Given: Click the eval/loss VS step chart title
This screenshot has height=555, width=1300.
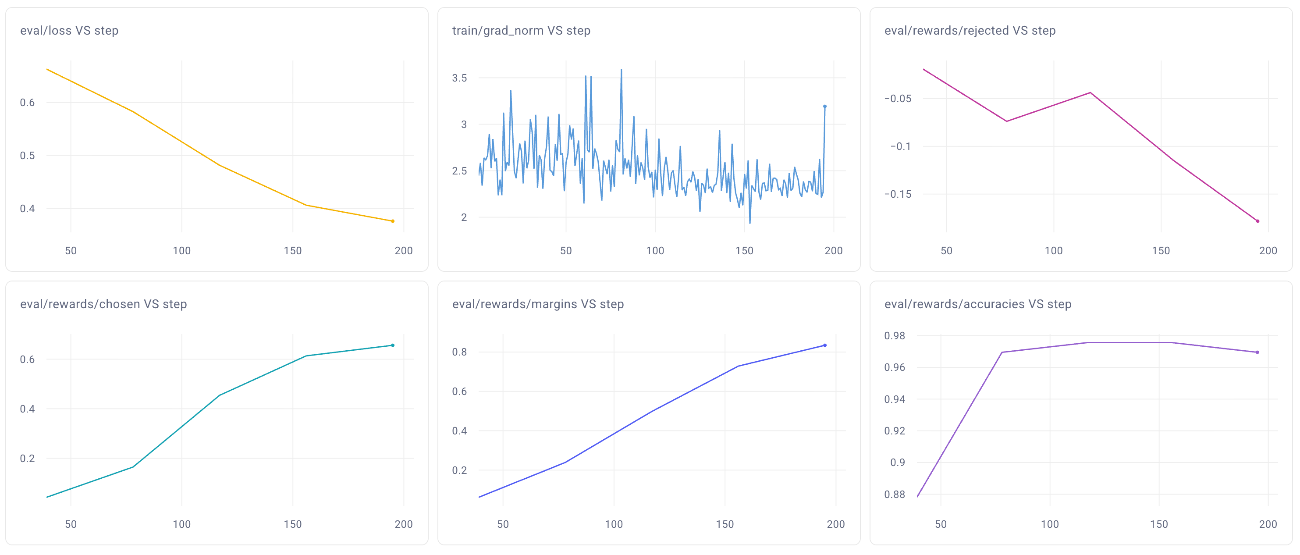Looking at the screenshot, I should (x=69, y=31).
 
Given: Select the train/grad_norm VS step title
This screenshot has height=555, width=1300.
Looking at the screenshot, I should (x=521, y=31).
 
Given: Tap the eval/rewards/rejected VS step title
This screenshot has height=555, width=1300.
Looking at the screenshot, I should (x=970, y=31).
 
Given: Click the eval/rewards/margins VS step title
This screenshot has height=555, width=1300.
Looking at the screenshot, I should (x=537, y=304).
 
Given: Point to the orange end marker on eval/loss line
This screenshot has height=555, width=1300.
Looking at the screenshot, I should (x=393, y=221).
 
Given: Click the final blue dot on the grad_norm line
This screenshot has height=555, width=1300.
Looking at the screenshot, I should (x=824, y=107).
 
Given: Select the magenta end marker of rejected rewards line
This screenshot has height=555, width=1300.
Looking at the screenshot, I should (x=1257, y=221).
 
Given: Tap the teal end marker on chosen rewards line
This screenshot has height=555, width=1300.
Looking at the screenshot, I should (x=393, y=345).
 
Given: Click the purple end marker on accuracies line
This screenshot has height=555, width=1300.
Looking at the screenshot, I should (x=1257, y=352).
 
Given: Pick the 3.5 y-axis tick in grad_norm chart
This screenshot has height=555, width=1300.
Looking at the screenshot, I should (x=459, y=78).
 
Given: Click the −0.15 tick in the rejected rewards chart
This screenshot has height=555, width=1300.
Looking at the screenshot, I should (x=898, y=194).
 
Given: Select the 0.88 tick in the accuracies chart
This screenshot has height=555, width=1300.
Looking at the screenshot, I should (x=894, y=495).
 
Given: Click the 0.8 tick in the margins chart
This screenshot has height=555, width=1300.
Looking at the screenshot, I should (x=459, y=352).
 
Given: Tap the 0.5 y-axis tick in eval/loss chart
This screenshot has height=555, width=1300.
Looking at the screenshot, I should (x=27, y=155).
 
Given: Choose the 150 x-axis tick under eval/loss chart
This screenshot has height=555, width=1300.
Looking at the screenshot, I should (x=293, y=251).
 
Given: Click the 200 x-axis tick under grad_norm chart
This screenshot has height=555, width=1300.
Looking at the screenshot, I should (x=833, y=251).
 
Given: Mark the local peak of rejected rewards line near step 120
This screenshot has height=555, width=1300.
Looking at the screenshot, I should (x=1090, y=93).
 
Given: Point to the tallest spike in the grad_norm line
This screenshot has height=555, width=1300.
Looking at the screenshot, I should (x=621, y=70).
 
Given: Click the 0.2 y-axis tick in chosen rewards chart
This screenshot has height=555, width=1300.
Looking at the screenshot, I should (x=27, y=459).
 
